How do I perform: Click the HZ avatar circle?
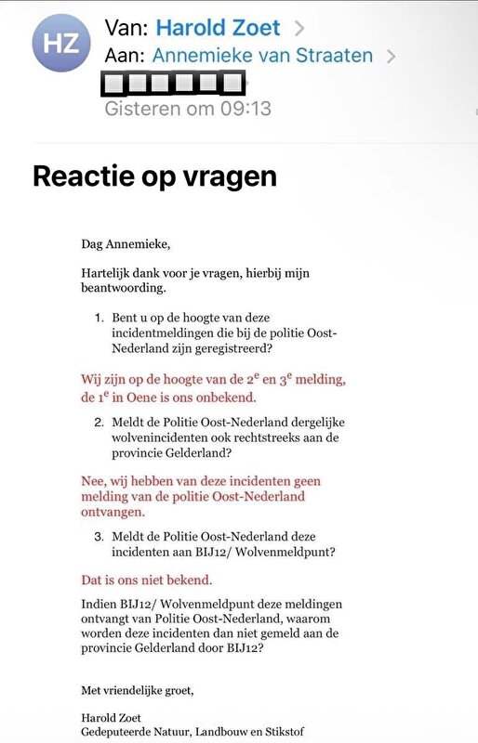(61, 43)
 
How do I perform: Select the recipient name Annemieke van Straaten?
(262, 56)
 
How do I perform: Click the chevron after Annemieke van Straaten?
(392, 57)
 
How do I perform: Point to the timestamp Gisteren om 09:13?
(188, 109)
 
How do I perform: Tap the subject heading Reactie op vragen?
(154, 176)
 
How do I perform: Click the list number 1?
(100, 318)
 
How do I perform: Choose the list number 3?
(100, 535)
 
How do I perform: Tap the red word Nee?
(94, 481)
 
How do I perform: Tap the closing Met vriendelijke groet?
(138, 689)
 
